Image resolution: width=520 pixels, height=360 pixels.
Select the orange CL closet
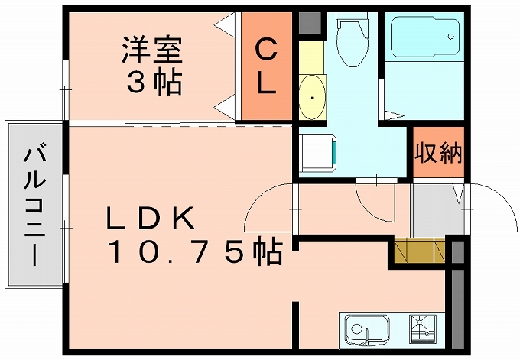[x=265, y=67]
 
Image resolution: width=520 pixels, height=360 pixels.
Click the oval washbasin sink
[x=312, y=98]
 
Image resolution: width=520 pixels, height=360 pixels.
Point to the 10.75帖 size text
[x=194, y=251]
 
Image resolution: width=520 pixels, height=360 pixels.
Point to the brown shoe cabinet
[x=420, y=251]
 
